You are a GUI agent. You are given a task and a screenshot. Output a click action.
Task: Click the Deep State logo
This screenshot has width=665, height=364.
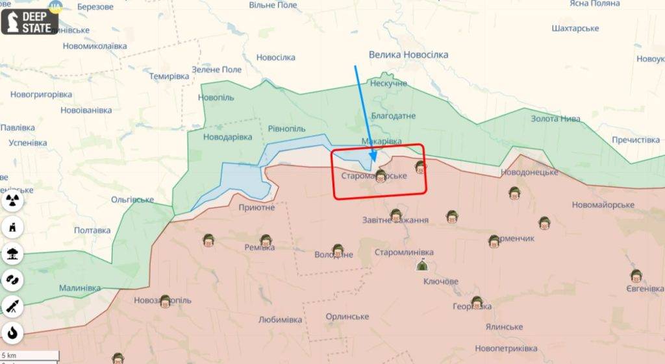tap(30, 21)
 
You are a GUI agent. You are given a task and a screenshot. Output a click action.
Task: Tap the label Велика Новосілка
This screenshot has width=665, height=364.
tap(408, 55)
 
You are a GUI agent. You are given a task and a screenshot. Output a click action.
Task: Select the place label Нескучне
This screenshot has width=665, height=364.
tap(388, 84)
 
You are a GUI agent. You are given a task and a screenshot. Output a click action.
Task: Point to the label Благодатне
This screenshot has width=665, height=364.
tap(393, 115)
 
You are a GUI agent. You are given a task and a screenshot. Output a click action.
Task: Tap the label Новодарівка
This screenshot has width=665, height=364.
tap(227, 137)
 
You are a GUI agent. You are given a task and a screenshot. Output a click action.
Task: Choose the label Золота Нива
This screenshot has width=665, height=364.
tap(555, 119)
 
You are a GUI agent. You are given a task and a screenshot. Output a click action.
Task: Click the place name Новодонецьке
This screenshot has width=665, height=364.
tap(529, 172)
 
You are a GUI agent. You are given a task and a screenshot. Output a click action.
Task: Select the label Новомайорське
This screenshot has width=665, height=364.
tap(603, 205)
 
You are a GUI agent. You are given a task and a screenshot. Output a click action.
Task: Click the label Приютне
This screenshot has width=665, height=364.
tap(257, 208)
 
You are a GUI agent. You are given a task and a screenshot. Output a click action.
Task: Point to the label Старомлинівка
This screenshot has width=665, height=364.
tap(404, 252)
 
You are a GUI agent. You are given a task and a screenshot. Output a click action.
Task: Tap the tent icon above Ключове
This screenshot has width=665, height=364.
tap(421, 264)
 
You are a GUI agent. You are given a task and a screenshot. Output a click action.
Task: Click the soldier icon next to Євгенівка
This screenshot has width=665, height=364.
tap(636, 276)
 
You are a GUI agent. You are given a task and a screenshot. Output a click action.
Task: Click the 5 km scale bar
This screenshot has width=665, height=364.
tap(29, 356)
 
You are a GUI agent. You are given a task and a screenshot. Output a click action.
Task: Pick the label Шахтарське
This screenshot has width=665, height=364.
tap(574, 29)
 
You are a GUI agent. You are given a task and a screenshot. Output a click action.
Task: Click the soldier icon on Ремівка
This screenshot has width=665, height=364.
tap(265, 241)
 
